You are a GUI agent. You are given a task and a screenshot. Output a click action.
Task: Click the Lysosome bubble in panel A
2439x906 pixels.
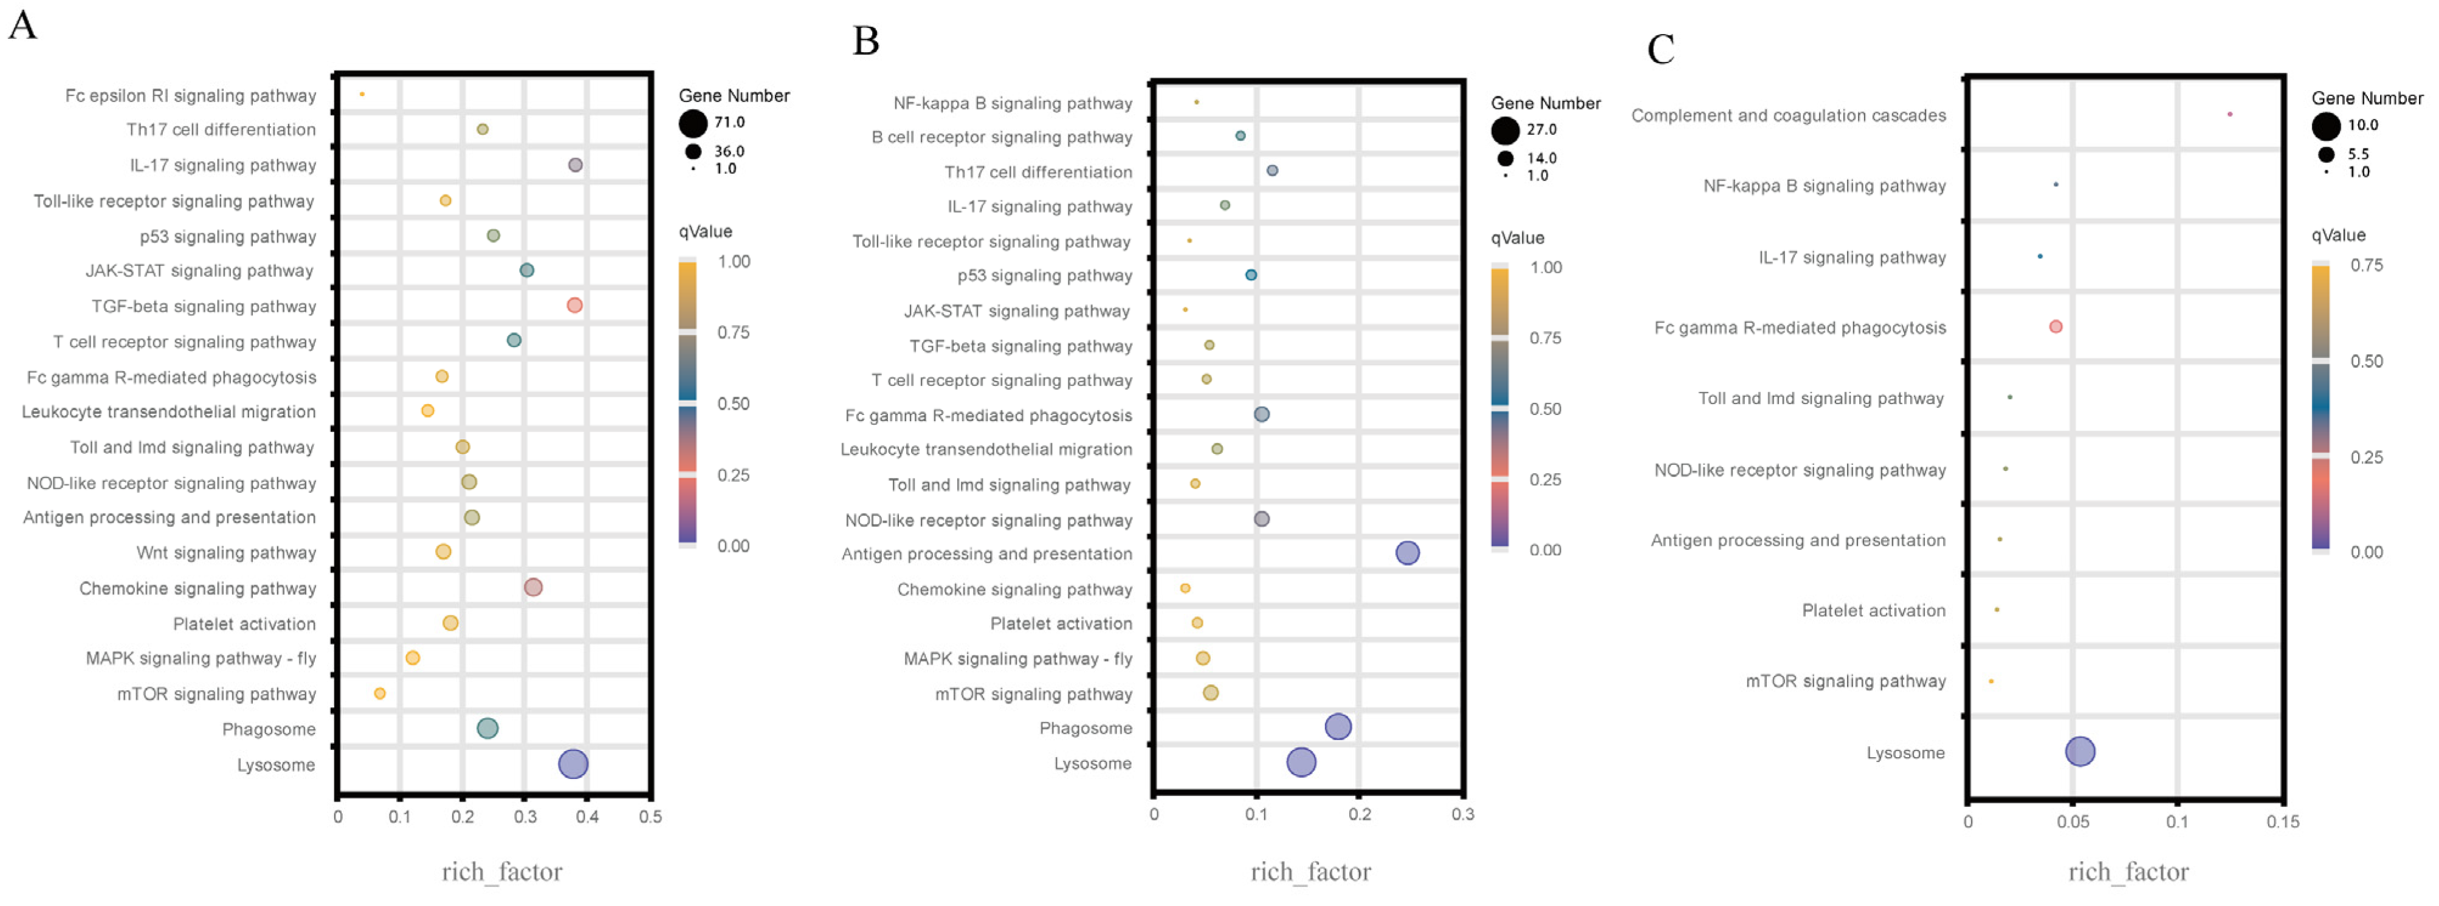573,764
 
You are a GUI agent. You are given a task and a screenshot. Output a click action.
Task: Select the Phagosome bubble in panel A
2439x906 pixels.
487,728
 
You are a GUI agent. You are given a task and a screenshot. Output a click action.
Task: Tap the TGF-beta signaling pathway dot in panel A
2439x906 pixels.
574,305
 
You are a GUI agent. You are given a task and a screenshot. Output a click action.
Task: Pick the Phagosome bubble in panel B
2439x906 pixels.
1338,726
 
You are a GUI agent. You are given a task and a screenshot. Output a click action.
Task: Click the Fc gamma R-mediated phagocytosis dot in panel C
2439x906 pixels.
2055,327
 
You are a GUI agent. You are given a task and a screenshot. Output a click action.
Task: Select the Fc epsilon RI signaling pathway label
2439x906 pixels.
190,95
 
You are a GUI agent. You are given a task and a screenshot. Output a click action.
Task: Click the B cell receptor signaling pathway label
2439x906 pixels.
1001,137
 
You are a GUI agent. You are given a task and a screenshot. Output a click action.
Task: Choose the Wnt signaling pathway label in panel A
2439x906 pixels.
225,553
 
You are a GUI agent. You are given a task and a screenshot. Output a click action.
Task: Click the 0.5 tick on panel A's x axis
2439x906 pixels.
650,816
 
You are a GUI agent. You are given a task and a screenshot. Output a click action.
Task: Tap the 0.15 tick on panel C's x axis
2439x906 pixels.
2282,821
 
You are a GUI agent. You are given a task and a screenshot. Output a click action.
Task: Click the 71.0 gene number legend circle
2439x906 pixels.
693,123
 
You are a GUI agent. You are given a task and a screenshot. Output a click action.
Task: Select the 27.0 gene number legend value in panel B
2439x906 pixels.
1541,129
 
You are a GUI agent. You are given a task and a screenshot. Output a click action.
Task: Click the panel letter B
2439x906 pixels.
865,41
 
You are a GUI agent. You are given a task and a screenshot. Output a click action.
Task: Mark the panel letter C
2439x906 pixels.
1660,49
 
